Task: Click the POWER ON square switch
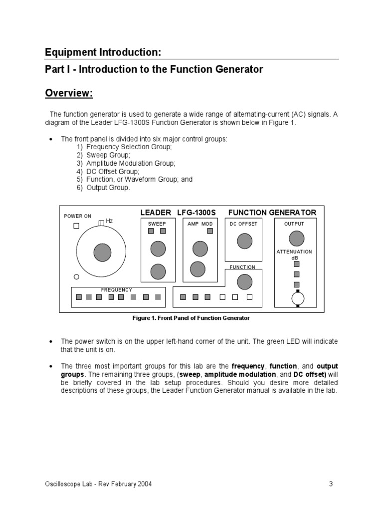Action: click(x=76, y=226)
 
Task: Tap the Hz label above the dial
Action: click(x=109, y=221)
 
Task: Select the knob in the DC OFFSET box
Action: click(x=244, y=241)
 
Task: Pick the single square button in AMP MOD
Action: click(x=210, y=231)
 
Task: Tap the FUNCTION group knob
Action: click(x=244, y=282)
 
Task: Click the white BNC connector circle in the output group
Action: click(x=298, y=298)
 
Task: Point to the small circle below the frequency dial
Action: click(x=76, y=277)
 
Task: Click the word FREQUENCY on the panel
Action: click(x=117, y=290)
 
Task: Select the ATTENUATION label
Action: click(x=294, y=252)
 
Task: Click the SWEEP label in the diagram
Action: click(x=157, y=224)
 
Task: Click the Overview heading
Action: click(x=69, y=93)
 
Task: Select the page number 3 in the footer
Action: click(x=331, y=484)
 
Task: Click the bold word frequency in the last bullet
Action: click(x=248, y=366)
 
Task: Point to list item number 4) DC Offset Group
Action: click(x=113, y=171)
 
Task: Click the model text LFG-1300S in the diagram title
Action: click(x=196, y=213)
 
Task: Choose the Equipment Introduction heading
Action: click(x=103, y=52)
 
